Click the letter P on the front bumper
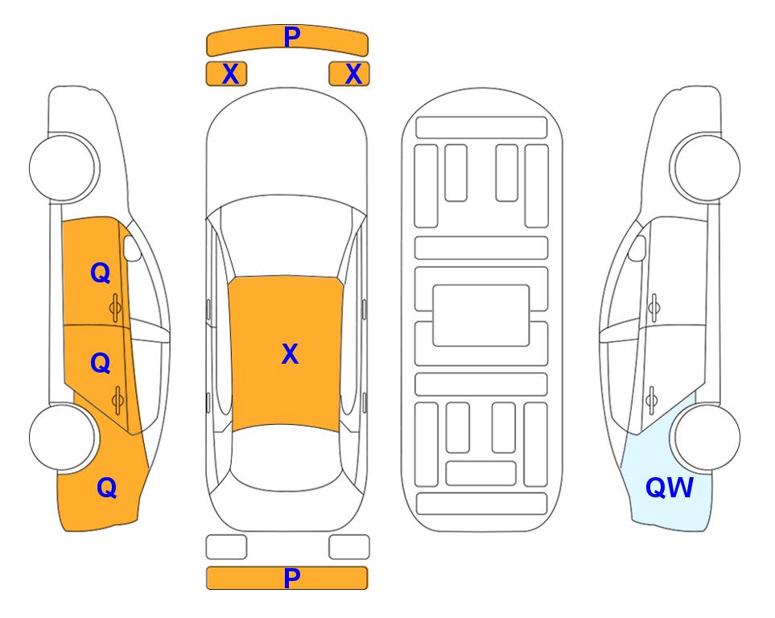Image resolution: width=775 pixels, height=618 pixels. [292, 37]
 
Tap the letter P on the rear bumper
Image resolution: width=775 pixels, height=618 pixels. [292, 578]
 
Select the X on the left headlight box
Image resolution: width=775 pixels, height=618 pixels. [231, 74]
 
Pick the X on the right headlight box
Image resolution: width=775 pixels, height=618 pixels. [353, 74]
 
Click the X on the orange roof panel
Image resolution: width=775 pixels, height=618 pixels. [291, 354]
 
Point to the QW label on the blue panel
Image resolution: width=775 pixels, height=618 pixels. [670, 488]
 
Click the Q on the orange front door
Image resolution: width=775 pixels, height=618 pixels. [101, 273]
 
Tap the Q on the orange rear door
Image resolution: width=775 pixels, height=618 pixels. [101, 364]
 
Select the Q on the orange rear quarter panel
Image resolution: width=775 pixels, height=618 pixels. [107, 488]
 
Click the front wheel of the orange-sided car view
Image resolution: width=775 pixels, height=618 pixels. [63, 168]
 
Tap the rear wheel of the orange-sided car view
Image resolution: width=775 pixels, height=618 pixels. [63, 437]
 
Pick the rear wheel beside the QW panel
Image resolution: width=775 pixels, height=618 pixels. [707, 437]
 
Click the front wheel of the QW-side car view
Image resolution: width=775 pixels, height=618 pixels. [707, 168]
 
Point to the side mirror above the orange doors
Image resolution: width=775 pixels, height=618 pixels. [131, 248]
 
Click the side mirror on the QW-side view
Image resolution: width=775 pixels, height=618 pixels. [637, 248]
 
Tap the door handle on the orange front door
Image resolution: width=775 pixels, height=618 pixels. [115, 308]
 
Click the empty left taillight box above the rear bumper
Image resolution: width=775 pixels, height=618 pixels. [226, 547]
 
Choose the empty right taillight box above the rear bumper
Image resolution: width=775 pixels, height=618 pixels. [349, 547]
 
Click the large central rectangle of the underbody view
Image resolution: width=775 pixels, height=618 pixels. [481, 315]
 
